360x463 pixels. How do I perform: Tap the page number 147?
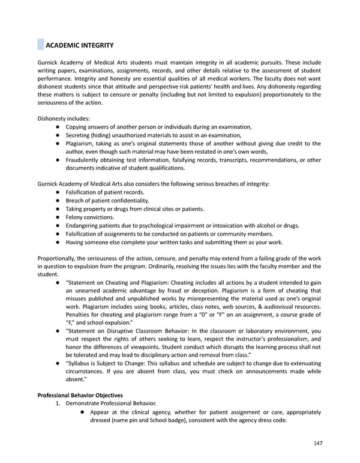click(x=318, y=444)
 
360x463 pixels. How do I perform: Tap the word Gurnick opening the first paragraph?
click(x=49, y=62)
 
